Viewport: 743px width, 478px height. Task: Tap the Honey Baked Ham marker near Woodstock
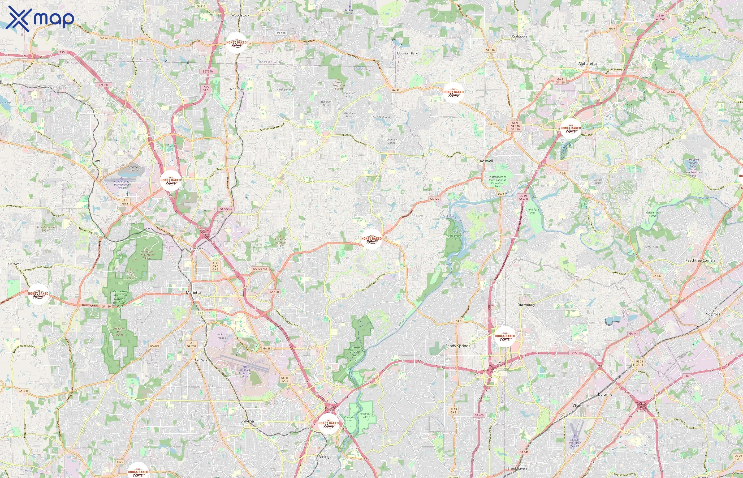tap(236, 43)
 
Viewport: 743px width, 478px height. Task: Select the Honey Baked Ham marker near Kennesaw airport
tap(171, 180)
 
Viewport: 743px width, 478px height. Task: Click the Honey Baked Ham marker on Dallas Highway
tap(38, 294)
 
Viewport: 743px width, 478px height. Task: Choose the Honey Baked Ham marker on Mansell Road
tap(571, 128)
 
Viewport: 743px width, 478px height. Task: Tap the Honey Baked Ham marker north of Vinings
tap(329, 423)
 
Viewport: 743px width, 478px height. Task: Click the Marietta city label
tap(193, 292)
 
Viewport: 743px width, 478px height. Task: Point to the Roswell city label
tap(486, 161)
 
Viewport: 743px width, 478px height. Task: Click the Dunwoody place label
tap(526, 305)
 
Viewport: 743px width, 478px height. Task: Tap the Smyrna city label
tap(247, 421)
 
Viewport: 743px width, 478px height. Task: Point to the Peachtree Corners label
tap(700, 261)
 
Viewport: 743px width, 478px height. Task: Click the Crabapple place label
tap(519, 36)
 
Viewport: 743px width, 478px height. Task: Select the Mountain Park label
tap(407, 53)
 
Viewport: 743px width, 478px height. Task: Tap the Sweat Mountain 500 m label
tap(339, 85)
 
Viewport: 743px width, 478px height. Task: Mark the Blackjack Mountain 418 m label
tap(280, 242)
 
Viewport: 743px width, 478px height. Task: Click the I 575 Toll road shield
tap(209, 71)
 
